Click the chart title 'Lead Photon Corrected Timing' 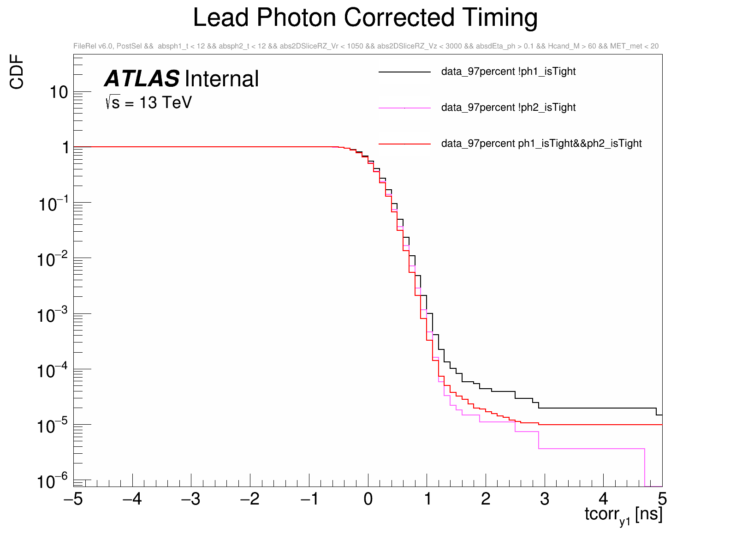click(x=365, y=18)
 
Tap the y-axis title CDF click(x=17, y=72)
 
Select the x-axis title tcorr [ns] click(x=623, y=515)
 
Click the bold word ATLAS click(x=142, y=79)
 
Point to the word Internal click(x=222, y=79)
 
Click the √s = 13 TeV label click(x=148, y=102)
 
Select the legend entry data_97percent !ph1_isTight click(x=508, y=72)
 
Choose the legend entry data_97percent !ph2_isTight click(x=508, y=108)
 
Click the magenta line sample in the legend click(x=404, y=108)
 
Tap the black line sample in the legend click(x=404, y=72)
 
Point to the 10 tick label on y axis click(x=59, y=93)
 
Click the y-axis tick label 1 click(x=65, y=148)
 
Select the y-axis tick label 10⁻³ click(x=52, y=316)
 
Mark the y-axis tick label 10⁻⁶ click(x=52, y=482)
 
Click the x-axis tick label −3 click(x=190, y=499)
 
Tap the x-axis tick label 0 click(x=368, y=499)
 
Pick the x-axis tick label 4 click(x=603, y=499)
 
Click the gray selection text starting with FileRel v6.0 click(x=366, y=46)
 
